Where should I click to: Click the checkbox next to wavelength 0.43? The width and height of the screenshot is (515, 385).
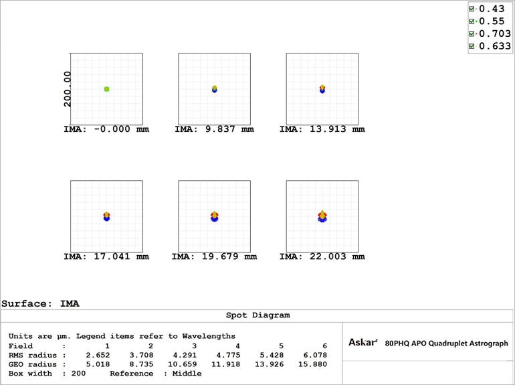472,9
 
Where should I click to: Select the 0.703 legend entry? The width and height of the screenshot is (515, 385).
495,33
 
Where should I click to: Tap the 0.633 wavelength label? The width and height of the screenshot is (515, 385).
495,46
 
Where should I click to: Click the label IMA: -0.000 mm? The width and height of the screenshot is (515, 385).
106,129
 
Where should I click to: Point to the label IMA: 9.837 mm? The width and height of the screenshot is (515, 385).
214,129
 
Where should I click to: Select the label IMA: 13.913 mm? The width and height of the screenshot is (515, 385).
322,129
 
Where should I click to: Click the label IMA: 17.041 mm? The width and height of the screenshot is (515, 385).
106,256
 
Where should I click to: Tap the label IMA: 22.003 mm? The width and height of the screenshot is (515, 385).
322,256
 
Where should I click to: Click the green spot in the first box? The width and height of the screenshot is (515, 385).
106,89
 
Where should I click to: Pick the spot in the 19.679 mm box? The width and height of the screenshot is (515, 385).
214,216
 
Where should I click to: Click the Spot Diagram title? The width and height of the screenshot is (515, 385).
257,315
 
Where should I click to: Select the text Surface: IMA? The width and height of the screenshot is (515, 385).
40,303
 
